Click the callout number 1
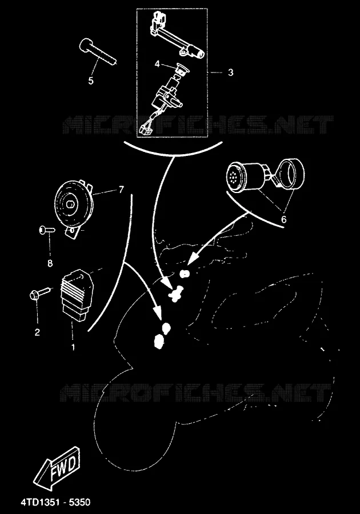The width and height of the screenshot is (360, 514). (73, 347)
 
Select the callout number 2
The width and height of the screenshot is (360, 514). (37, 332)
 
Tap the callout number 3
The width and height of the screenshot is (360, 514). (230, 72)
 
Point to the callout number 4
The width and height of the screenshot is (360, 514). (157, 63)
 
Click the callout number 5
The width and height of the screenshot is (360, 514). (91, 81)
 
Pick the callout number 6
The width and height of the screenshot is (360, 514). (284, 219)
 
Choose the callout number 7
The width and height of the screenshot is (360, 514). (121, 190)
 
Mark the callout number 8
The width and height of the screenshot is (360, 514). (50, 263)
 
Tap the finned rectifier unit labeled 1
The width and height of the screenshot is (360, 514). (77, 295)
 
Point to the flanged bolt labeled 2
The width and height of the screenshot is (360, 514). (41, 293)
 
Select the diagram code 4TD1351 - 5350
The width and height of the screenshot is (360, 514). (55, 502)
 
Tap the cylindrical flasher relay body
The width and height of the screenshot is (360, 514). (245, 176)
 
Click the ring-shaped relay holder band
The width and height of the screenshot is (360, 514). (291, 174)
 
